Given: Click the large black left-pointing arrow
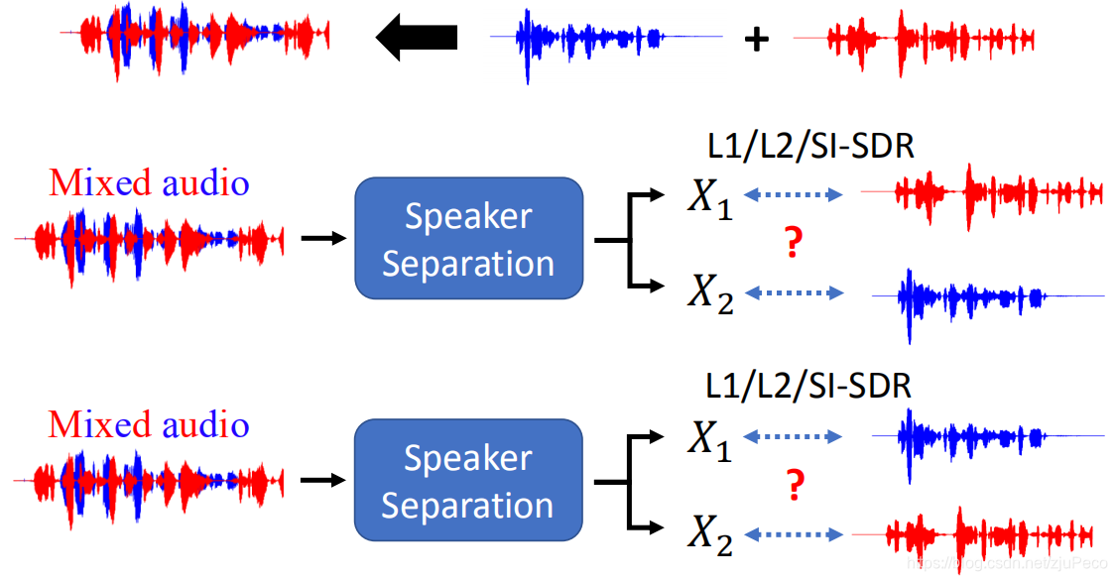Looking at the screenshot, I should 416,38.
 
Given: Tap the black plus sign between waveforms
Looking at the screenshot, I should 757,39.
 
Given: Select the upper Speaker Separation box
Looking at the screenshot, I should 468,239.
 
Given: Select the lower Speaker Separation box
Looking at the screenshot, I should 468,481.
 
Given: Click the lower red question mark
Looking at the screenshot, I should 793,486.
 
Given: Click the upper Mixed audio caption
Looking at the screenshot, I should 149,183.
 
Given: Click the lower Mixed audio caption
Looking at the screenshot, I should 149,424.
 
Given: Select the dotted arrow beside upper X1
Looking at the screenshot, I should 793,195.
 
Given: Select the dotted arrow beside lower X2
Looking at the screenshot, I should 793,535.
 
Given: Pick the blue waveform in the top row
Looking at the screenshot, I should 605,39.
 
